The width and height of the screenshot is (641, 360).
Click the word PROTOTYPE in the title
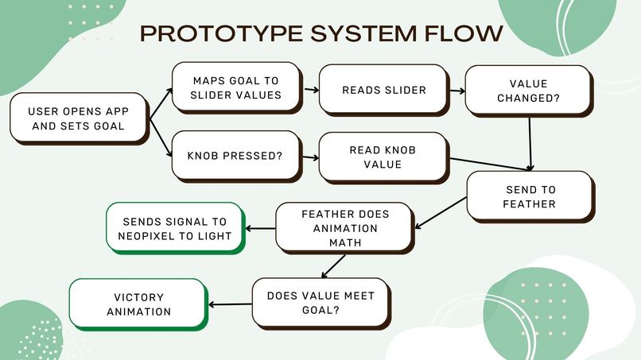coord(221,33)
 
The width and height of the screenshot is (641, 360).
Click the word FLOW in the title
coord(464,33)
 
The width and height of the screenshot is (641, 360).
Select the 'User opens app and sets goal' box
coord(80,118)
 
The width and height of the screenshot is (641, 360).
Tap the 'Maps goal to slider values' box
coord(237,87)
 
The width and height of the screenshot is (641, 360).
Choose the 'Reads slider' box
coord(384,90)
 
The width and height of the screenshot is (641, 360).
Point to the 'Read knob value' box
coord(384,157)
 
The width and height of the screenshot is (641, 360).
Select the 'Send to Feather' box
coord(530,196)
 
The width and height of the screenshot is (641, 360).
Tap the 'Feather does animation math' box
coord(345,228)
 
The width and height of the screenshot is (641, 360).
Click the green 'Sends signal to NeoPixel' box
coord(176,228)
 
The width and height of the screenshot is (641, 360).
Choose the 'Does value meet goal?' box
coord(321,304)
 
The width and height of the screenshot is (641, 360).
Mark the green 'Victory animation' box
coord(138,304)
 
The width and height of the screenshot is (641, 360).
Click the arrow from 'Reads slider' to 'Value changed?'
coord(457,91)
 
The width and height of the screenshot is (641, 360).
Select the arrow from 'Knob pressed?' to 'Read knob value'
coord(311,157)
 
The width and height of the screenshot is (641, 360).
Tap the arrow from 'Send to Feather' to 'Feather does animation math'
coord(441,213)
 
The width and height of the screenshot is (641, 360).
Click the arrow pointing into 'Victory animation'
coord(230,304)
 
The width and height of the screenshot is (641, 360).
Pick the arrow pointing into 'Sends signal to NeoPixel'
coord(260,228)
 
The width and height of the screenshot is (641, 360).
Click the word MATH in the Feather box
coord(345,242)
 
